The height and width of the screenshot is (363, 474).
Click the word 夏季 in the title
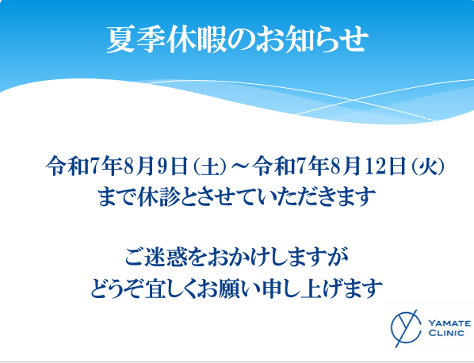coord(136,40)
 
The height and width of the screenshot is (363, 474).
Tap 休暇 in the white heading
coord(197,40)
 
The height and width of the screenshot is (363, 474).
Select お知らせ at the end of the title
coord(312,40)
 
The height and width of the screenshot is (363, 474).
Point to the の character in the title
coord(242,40)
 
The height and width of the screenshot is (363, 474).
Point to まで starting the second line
coord(117,197)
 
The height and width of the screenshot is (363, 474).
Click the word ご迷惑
coord(156,257)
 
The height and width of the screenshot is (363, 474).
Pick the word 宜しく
coord(171,288)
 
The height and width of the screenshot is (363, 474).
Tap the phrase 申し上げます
coord(323,288)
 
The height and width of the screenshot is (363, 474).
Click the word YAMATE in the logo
coord(449,323)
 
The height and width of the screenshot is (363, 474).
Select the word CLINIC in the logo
coord(446,333)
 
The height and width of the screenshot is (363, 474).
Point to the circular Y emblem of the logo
coord(406,328)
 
